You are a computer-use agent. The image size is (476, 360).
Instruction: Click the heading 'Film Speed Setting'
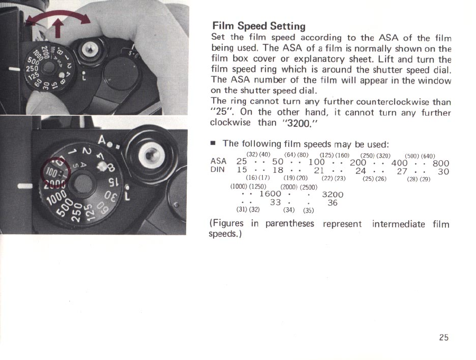click(x=259, y=26)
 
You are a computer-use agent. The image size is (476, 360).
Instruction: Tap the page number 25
click(x=443, y=337)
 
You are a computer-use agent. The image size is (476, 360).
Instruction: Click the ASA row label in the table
click(x=218, y=162)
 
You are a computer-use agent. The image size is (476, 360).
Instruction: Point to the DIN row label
click(x=218, y=170)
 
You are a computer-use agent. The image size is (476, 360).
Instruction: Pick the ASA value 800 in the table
click(x=440, y=163)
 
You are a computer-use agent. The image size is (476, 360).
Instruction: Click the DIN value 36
click(x=332, y=202)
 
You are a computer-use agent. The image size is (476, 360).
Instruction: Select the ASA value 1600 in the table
click(x=270, y=194)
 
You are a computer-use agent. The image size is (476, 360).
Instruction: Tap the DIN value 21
click(x=318, y=170)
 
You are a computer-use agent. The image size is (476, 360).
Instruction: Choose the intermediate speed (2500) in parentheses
click(x=308, y=187)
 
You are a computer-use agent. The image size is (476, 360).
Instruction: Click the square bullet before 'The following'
click(x=213, y=144)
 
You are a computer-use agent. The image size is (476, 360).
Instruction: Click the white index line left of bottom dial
click(x=24, y=186)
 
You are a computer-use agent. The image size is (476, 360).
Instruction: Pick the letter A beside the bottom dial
click(x=103, y=141)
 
